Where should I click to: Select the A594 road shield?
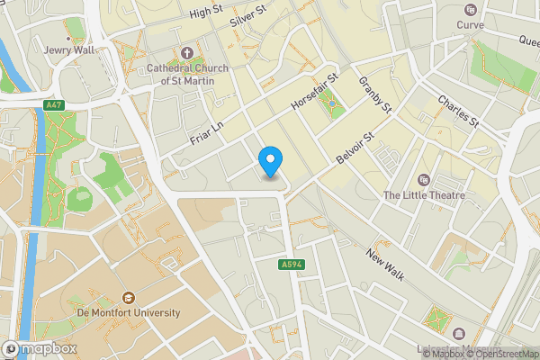click(290, 265)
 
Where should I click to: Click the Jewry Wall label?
click(69, 50)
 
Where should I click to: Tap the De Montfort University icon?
click(128, 297)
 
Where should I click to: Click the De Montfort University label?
click(128, 312)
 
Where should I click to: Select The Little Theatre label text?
click(424, 194)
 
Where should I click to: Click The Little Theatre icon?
click(424, 179)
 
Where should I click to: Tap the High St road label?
click(206, 12)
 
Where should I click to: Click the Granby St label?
click(376, 94)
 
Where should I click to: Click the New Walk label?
click(386, 263)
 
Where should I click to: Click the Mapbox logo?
click(41, 348)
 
